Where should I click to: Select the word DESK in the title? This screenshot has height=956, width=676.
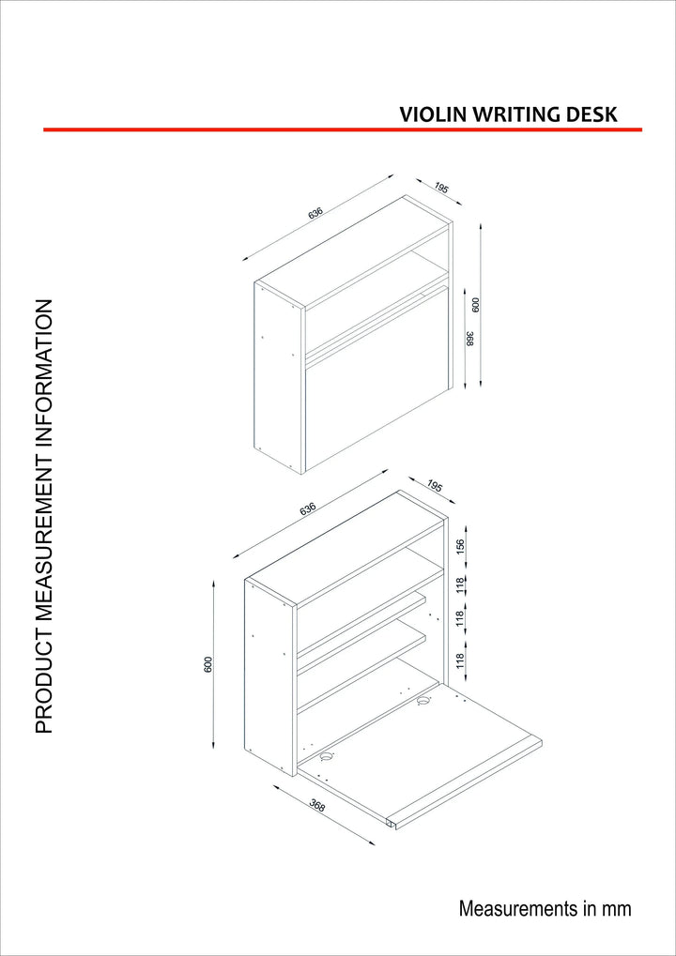click(x=592, y=114)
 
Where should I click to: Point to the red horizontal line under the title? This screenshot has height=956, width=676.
click(x=343, y=129)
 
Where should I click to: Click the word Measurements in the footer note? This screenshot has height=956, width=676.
click(x=515, y=908)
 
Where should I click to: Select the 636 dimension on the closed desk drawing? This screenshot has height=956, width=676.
click(x=315, y=213)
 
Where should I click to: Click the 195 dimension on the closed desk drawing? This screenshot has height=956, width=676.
click(x=441, y=189)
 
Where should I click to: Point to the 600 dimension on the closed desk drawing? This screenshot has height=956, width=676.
click(x=475, y=305)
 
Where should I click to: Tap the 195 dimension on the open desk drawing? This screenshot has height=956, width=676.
click(x=434, y=486)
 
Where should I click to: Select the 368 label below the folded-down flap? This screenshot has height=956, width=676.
click(x=317, y=805)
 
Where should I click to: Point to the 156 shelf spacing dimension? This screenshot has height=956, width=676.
click(x=460, y=546)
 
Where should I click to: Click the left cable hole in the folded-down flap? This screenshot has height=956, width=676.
click(x=327, y=755)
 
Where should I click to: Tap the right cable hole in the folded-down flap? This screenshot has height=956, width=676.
click(x=424, y=699)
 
